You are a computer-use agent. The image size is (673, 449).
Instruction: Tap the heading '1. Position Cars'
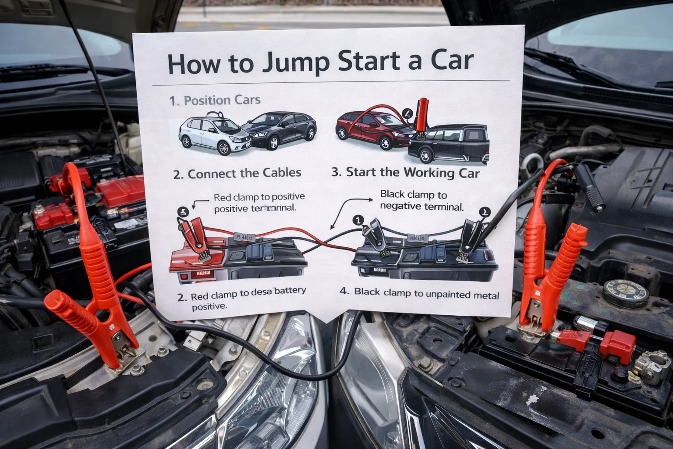pyautogui.click(x=215, y=100)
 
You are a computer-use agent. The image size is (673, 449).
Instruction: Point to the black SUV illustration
pyautogui.click(x=449, y=144)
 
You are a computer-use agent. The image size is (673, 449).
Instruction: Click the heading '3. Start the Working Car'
pyautogui.click(x=405, y=172)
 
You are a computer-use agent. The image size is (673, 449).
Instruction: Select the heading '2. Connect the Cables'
pyautogui.click(x=237, y=174)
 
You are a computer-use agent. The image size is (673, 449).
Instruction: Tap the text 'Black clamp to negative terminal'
pyautogui.click(x=421, y=200)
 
